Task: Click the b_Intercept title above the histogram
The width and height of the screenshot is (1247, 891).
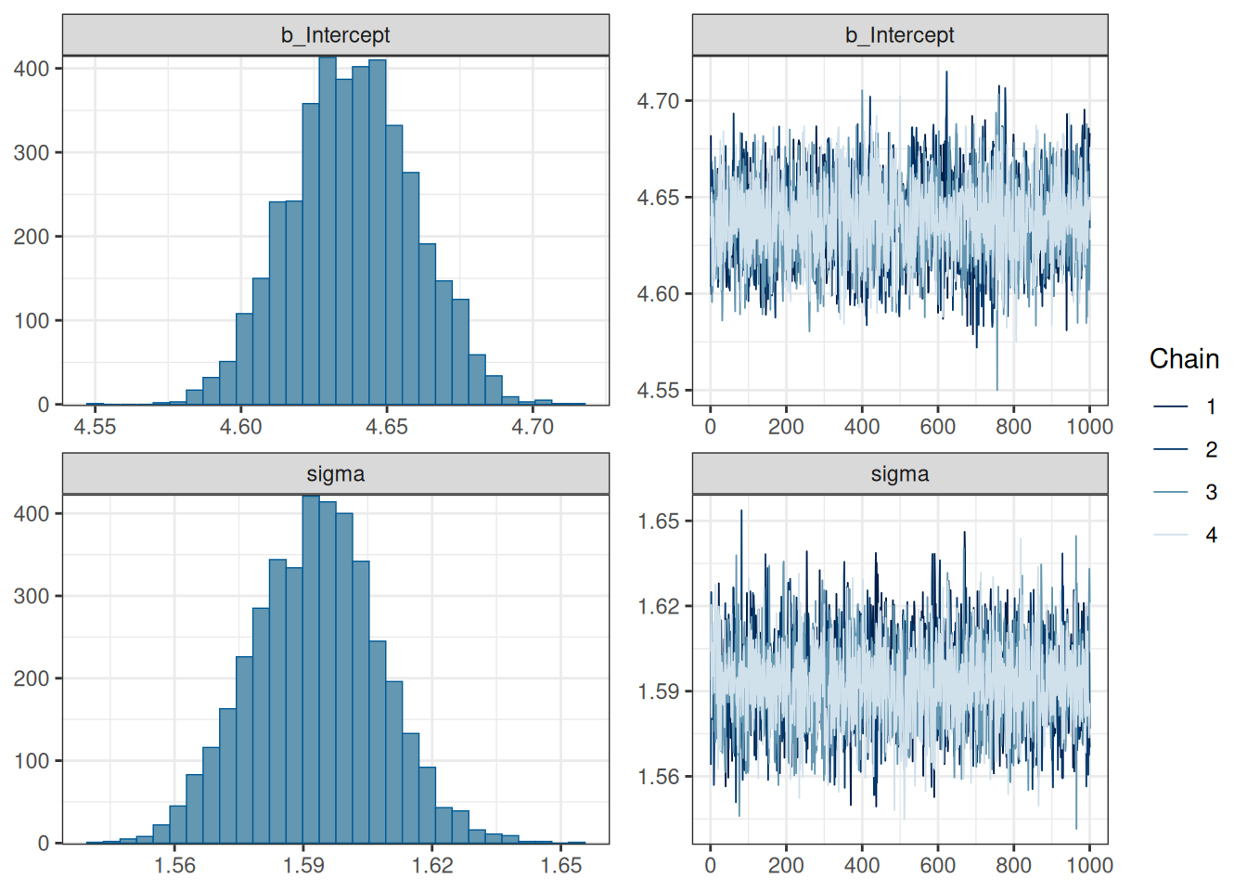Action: (335, 35)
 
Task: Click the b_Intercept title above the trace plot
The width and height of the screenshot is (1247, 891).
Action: (899, 35)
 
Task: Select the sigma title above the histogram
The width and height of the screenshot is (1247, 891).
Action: (335, 474)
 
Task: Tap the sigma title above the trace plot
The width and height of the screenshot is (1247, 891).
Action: (899, 474)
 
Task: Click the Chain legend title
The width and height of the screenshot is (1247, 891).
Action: (1184, 359)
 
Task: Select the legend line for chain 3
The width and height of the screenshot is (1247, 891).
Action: (1171, 492)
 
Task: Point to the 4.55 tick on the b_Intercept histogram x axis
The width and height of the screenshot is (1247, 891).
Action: (95, 427)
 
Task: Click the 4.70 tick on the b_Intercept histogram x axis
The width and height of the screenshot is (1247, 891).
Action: (533, 427)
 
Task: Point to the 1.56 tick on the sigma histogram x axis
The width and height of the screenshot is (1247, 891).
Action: (174, 866)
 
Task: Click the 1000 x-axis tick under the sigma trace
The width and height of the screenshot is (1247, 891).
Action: (1089, 866)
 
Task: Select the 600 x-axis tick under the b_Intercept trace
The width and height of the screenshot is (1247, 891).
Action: (937, 427)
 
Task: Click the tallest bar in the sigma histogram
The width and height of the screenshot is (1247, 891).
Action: (311, 668)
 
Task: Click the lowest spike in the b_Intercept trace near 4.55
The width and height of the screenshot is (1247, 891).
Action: (997, 388)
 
